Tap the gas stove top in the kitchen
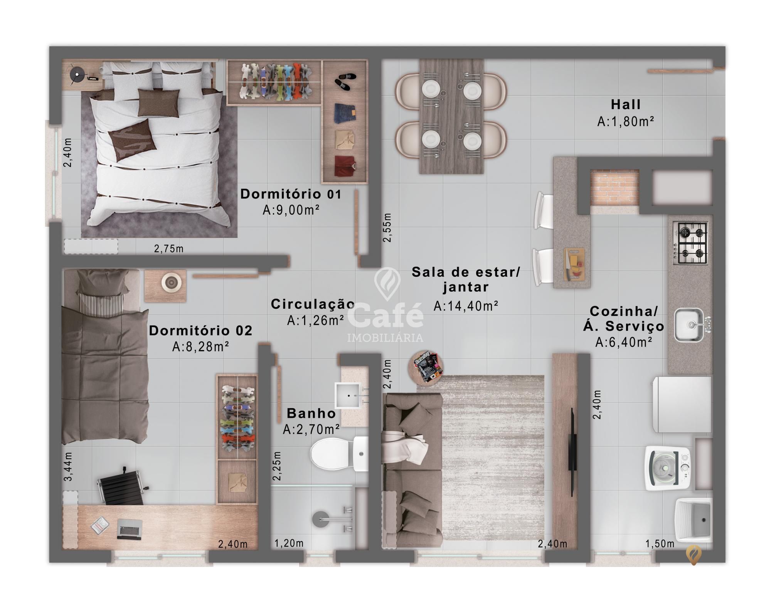click(x=690, y=243)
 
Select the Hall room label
click(x=626, y=104)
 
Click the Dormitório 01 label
click(x=291, y=194)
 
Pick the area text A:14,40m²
click(x=466, y=306)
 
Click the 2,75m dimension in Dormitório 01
click(x=169, y=249)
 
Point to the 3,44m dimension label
click(x=68, y=466)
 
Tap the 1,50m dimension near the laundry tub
click(x=660, y=544)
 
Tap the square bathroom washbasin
click(x=349, y=395)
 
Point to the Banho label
click(x=311, y=413)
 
